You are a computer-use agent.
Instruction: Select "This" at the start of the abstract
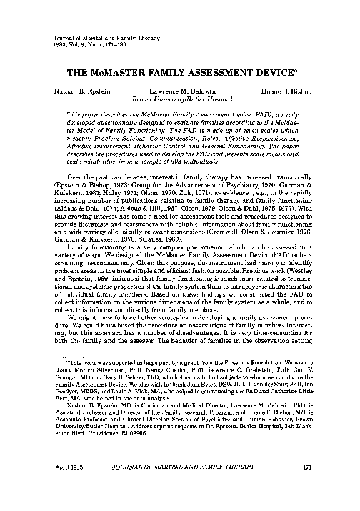(74, 114)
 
